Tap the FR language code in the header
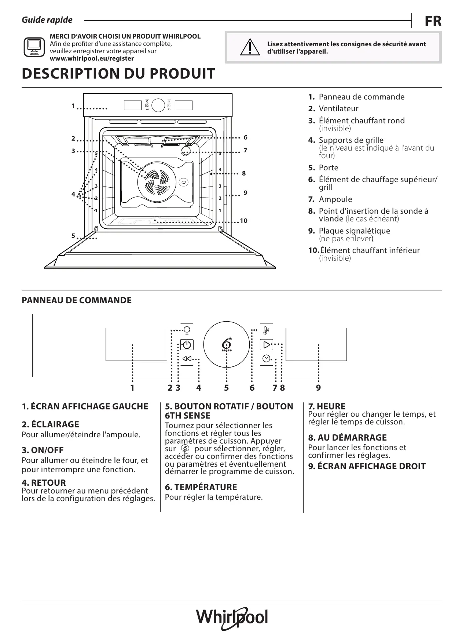click(x=433, y=21)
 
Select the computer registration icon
click(x=34, y=47)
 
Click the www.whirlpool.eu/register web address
click(x=92, y=58)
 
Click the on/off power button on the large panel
click(x=187, y=345)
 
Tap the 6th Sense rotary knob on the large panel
click(x=227, y=345)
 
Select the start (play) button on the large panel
click(x=267, y=344)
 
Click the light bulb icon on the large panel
click(x=187, y=330)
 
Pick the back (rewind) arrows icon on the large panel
click(x=187, y=359)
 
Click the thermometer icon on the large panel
click(x=266, y=330)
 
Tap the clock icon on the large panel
click(x=266, y=358)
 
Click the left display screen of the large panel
click(x=136, y=344)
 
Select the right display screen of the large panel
click(x=316, y=344)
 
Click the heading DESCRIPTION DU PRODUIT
click(x=118, y=74)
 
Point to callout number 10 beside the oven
click(x=243, y=221)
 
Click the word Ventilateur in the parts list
click(x=338, y=109)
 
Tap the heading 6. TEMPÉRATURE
click(x=201, y=487)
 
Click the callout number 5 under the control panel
click(x=226, y=388)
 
